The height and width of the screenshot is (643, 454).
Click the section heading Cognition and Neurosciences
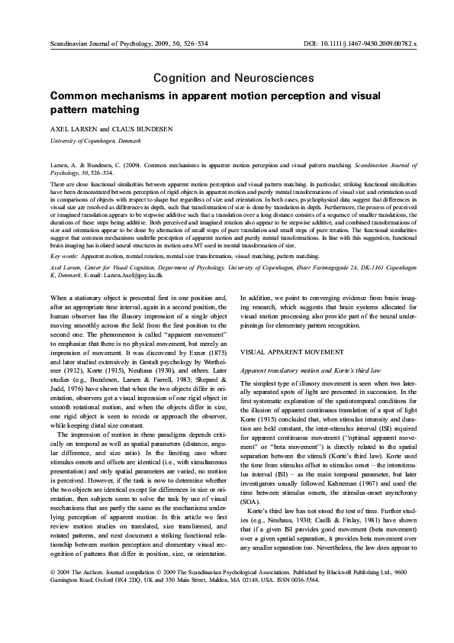[x=233, y=78]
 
